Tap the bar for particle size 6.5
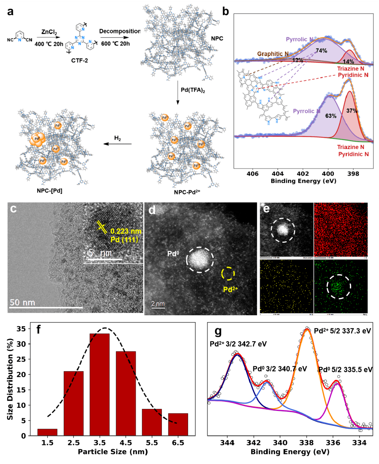point(178,424)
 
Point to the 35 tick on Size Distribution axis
point(21,329)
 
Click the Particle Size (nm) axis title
point(113,452)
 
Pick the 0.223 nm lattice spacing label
point(126,231)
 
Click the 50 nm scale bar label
point(22,302)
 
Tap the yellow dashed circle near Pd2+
point(228,273)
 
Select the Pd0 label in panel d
point(173,253)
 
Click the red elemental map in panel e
point(341,230)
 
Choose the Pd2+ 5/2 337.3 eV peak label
point(342,331)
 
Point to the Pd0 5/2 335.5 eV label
point(345,369)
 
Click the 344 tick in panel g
point(227,443)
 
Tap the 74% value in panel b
point(321,51)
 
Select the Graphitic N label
point(273,54)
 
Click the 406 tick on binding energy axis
point(252,173)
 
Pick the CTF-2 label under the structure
point(80,60)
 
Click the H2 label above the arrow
point(118,138)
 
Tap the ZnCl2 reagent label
point(49,32)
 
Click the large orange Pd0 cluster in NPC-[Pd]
point(37,140)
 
